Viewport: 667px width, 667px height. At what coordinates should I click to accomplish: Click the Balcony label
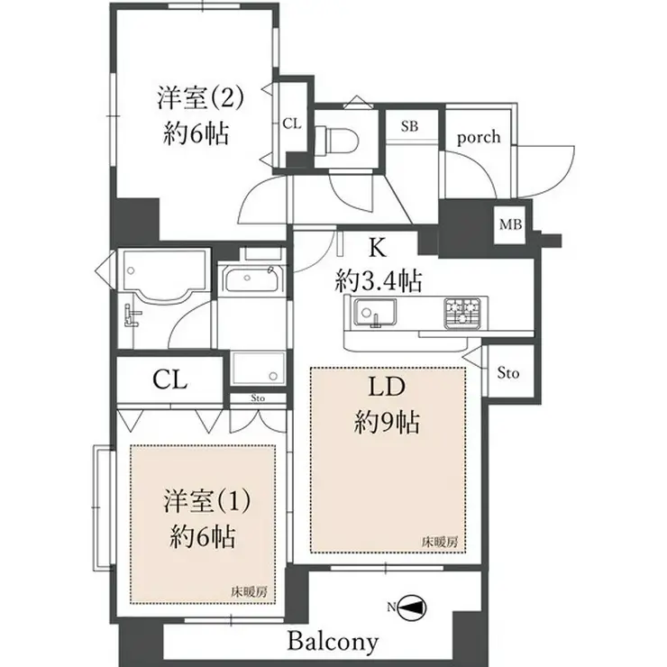click(x=333, y=643)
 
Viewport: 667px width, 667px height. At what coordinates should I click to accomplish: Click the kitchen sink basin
click(x=370, y=314)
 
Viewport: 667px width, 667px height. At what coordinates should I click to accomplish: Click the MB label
click(x=509, y=224)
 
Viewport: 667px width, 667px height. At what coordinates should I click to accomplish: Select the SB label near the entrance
click(x=409, y=126)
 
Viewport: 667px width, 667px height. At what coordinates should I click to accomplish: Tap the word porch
click(x=478, y=138)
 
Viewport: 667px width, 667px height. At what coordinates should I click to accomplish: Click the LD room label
click(x=388, y=388)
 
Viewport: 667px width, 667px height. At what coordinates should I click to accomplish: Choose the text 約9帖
click(x=388, y=422)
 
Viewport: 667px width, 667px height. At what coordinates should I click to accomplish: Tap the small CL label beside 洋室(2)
click(x=291, y=123)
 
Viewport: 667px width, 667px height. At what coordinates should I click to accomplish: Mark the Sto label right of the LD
click(x=508, y=373)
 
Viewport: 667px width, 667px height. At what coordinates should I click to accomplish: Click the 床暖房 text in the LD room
click(x=439, y=542)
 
